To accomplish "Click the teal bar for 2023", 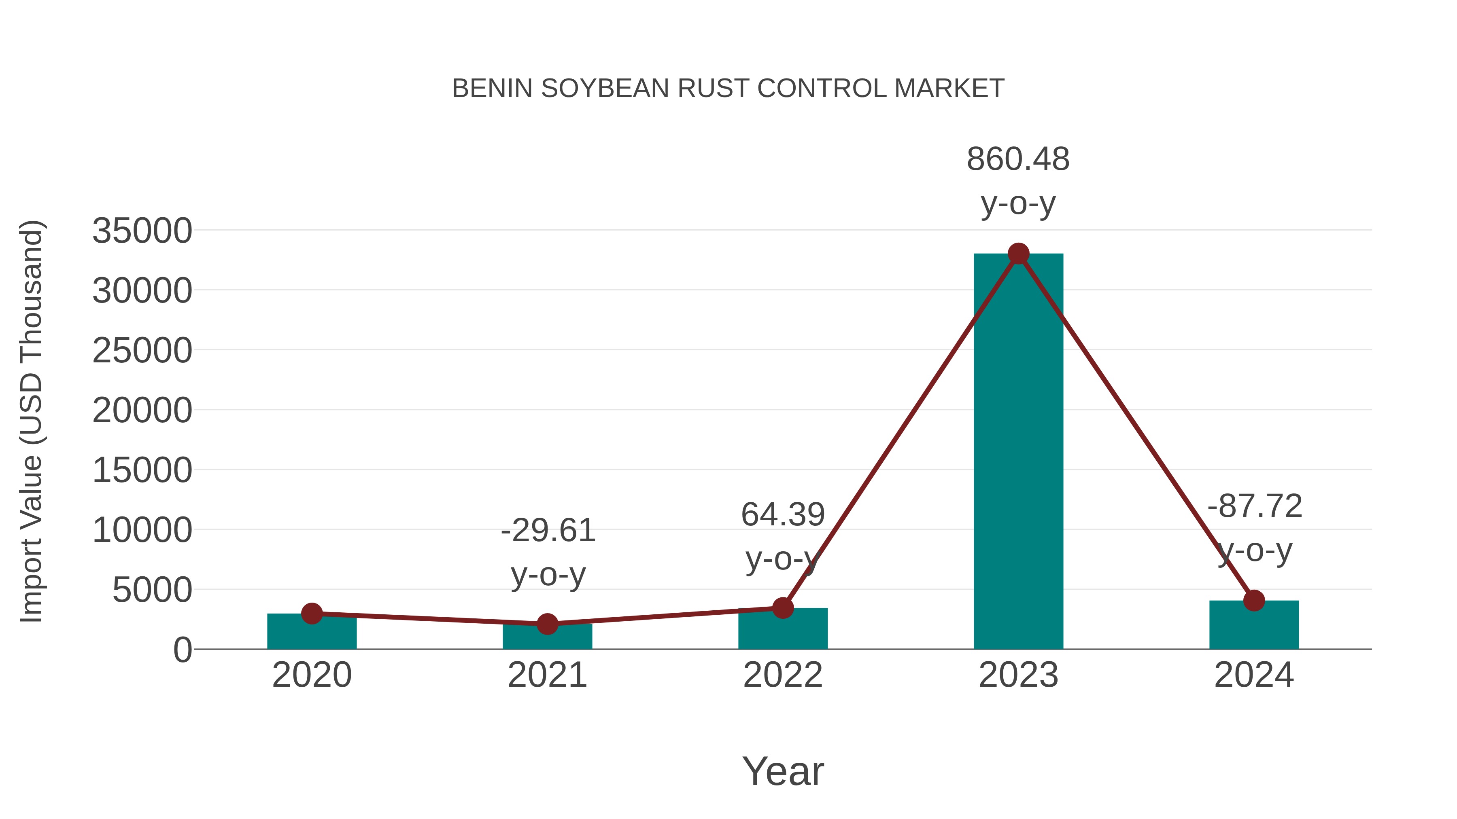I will tap(1018, 452).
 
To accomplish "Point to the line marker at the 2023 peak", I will tap(1018, 254).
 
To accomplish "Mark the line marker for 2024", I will tap(1254, 600).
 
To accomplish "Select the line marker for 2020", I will tap(312, 613).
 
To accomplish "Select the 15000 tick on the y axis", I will tap(142, 470).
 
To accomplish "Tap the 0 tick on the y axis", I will tap(182, 650).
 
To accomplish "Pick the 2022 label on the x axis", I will tap(783, 675).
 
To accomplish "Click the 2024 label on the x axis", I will tap(1254, 675).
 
